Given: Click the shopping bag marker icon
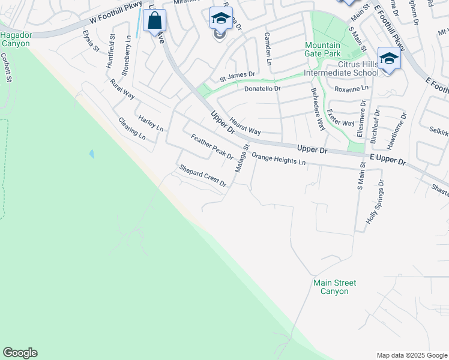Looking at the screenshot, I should tap(155, 20).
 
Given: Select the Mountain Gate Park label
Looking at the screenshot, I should tap(322, 50).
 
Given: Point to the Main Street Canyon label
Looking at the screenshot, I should tap(334, 287).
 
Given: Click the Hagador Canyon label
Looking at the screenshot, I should tap(16, 40).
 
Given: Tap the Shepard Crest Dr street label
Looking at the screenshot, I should tap(202, 176).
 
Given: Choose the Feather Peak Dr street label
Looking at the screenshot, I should tap(212, 147).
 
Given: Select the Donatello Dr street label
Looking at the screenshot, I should tap(262, 89).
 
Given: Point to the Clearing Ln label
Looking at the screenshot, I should tap(132, 128).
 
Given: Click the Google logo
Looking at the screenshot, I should tap(20, 353).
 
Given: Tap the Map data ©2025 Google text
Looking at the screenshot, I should tap(411, 355).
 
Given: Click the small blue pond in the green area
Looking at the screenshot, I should tap(91, 154).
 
